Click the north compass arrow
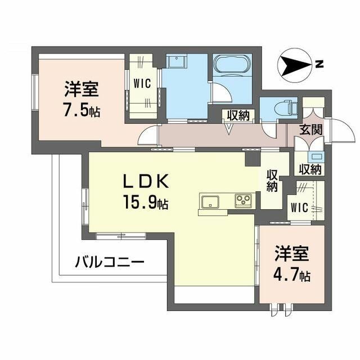pos(295,66)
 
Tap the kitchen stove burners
pos(244,200)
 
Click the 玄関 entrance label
pos(310,129)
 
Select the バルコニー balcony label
pos(110,262)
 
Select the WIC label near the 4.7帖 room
pos(299,208)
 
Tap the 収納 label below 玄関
pos(309,168)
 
